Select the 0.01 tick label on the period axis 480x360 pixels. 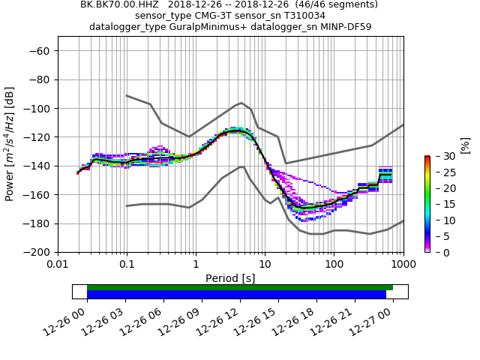58,264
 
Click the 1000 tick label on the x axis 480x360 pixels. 403,264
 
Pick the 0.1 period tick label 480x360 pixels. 127,264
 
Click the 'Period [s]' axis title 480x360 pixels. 230,278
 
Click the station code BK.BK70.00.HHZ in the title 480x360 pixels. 119,4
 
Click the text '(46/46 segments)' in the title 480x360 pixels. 329,4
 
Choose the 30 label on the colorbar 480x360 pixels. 441,156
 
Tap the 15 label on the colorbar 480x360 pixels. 441,204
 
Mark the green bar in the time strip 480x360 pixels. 240,287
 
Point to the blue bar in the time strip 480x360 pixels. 236,295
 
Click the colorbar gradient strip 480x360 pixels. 427,204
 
